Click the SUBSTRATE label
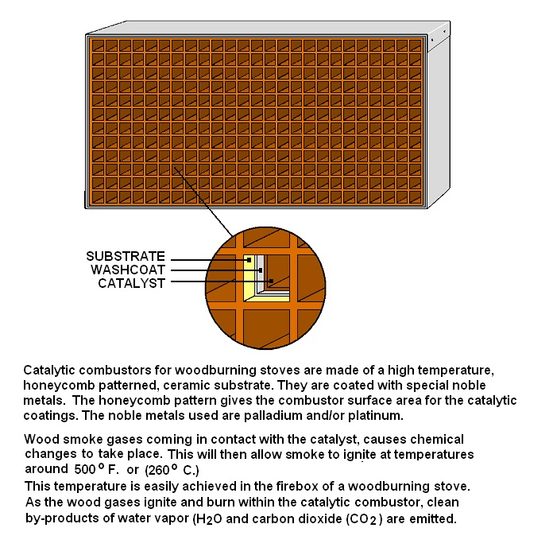pyautogui.click(x=126, y=256)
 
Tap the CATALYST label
pyautogui.click(x=131, y=282)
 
